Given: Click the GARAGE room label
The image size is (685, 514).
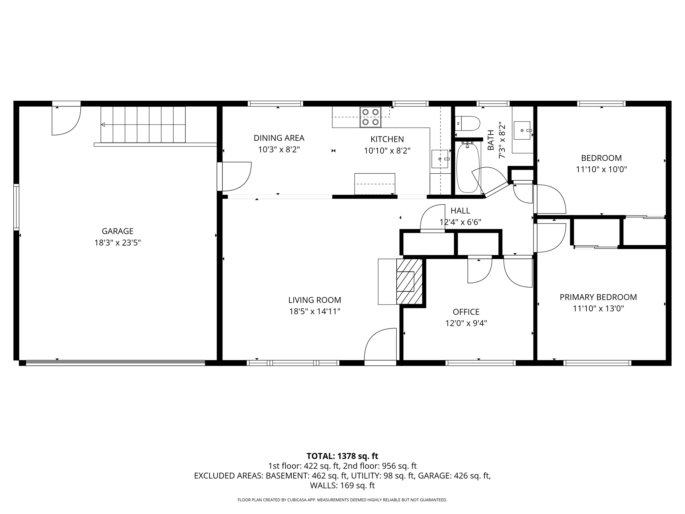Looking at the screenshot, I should [117, 231].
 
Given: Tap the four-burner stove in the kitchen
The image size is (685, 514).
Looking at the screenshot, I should [370, 117].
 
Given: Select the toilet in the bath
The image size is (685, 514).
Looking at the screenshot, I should [468, 123].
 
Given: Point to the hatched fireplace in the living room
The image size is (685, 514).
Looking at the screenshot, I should [409, 281].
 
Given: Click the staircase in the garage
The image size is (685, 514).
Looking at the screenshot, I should [143, 124].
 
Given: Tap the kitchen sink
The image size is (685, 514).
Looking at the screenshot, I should [439, 159].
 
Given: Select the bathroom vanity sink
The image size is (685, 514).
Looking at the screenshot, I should [522, 131].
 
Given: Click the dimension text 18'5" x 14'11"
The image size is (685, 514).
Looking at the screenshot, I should [314, 312].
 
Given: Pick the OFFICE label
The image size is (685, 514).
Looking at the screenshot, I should [466, 312].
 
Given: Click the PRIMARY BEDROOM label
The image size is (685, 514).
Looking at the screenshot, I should [598, 297].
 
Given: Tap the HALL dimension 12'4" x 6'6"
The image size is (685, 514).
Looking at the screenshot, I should [460, 222].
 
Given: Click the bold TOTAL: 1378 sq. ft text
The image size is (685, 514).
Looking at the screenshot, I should [342, 456].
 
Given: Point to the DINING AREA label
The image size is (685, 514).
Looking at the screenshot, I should [279, 138].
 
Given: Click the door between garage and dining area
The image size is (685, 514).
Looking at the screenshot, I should [234, 176].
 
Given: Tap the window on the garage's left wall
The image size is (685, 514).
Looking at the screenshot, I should [16, 207].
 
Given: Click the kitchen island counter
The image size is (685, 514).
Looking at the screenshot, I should [375, 184].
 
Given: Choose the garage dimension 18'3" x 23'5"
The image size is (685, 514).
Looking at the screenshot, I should [117, 243].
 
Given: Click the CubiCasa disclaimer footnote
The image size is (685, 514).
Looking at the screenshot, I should [342, 500].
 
